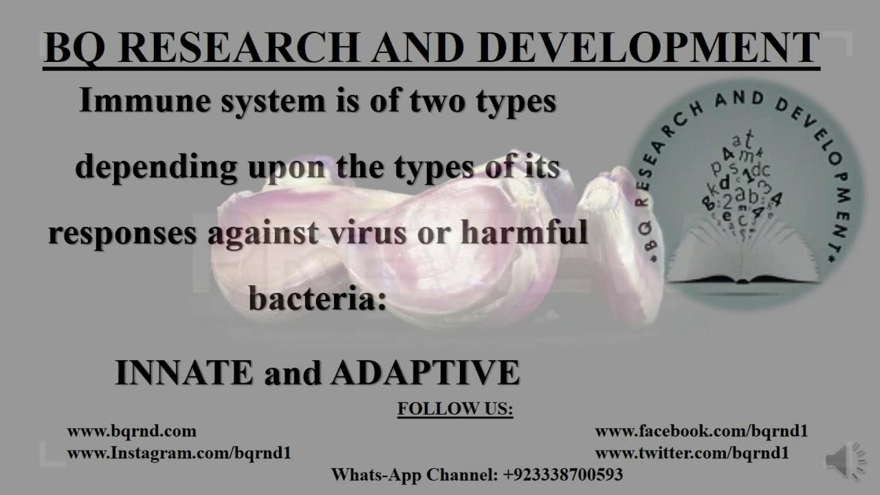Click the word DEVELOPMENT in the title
(x=648, y=47)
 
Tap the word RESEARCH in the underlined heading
(x=238, y=47)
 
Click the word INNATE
(x=184, y=372)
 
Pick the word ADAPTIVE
(x=425, y=372)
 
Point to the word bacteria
(x=318, y=298)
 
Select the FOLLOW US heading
(x=455, y=408)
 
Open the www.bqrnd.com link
(x=132, y=431)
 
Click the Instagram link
(x=179, y=453)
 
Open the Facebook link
(x=701, y=431)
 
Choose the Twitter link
(x=692, y=453)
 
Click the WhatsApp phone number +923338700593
(x=563, y=474)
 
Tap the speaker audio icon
(x=844, y=461)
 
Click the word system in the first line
(x=274, y=101)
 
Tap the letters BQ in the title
(x=75, y=48)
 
